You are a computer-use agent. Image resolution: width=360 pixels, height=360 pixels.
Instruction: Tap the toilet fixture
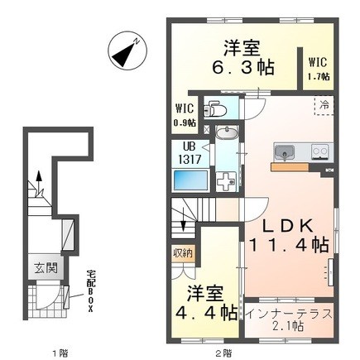214,108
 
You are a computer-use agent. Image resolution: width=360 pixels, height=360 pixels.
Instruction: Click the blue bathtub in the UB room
190,180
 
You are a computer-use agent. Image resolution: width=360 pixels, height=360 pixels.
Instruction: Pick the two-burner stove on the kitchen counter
320,152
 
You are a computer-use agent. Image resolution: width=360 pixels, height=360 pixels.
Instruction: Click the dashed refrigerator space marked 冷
324,105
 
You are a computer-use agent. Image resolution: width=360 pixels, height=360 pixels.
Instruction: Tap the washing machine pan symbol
226,181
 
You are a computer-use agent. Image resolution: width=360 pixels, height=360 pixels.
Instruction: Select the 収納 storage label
182,253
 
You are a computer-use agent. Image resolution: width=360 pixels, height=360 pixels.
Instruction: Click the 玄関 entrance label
46,268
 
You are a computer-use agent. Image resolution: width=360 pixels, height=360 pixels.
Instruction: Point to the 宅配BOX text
89,291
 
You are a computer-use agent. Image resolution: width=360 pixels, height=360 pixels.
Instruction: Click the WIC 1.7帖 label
319,69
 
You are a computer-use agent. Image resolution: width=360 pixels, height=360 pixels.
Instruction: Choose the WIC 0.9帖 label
185,115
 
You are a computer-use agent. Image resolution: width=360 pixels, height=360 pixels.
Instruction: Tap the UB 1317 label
190,153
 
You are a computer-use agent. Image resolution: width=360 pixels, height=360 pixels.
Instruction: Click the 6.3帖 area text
242,68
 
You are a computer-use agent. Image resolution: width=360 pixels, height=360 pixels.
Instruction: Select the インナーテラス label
289,314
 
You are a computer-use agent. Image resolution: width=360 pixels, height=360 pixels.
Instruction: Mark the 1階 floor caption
60,353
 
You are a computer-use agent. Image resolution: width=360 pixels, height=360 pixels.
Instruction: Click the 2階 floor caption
223,353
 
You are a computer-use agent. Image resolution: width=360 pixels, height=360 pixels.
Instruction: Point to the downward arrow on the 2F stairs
183,222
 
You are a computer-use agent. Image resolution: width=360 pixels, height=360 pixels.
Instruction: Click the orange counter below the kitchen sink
290,166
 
